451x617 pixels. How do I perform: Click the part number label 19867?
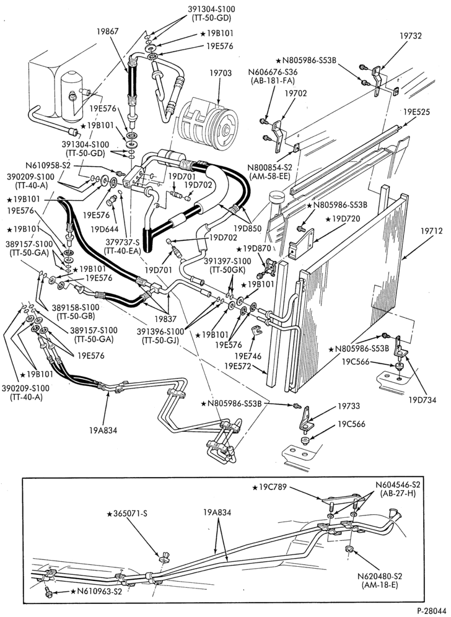[x=108, y=31]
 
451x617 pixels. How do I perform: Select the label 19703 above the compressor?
[x=221, y=73]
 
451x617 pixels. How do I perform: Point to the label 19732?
[x=411, y=36]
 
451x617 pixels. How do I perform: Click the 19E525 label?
[x=416, y=112]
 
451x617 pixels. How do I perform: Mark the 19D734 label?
[x=422, y=400]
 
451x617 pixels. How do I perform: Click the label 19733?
[x=349, y=406]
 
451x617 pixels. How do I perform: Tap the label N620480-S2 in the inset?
[x=380, y=577]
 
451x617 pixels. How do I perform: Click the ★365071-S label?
[x=127, y=514]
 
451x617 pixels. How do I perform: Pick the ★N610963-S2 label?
[x=97, y=591]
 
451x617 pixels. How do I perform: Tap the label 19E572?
[x=238, y=366]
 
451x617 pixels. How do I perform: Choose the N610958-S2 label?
[x=48, y=165]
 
